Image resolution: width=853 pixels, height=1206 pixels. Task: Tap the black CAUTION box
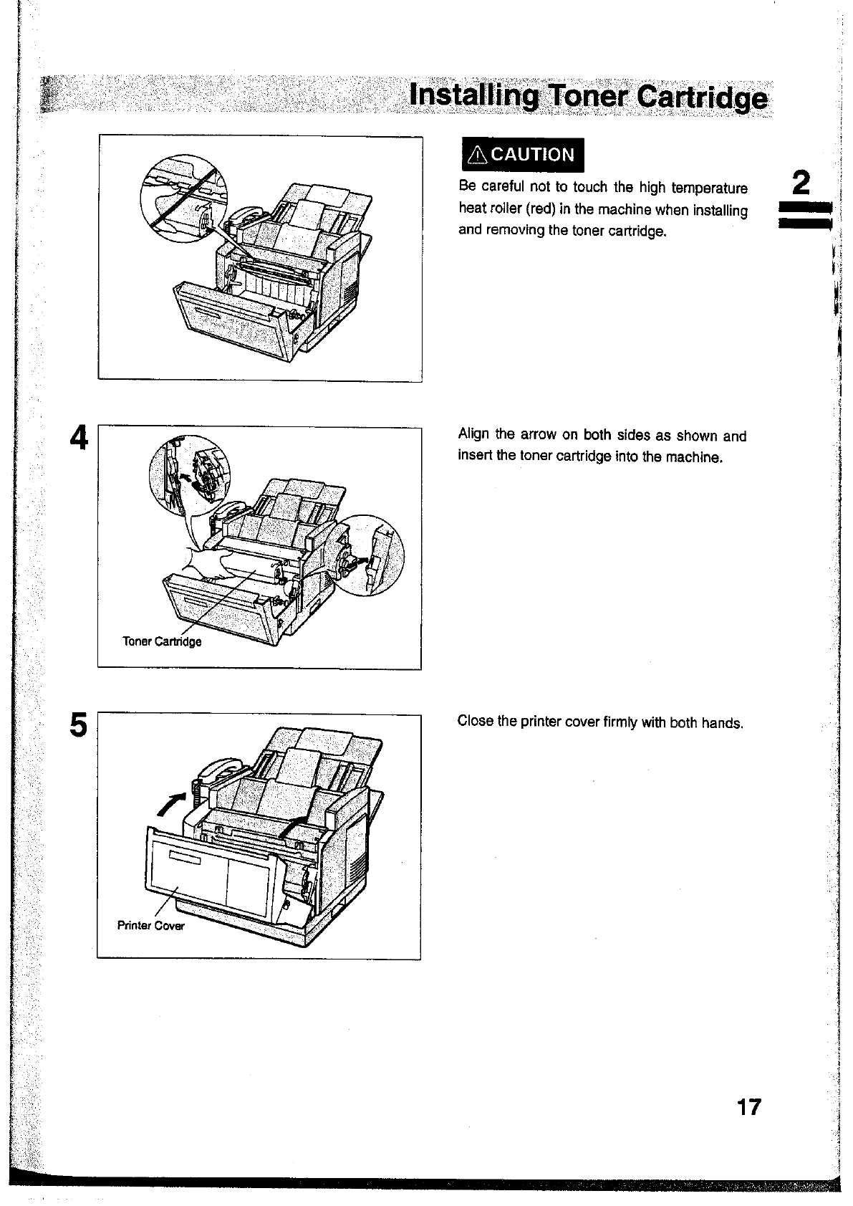[522, 154]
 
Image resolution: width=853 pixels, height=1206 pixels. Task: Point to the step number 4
[79, 437]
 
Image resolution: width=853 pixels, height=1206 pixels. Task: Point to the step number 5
[79, 724]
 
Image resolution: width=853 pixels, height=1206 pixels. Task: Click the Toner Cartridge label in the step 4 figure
[162, 641]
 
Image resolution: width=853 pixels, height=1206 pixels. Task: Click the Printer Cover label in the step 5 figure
[150, 925]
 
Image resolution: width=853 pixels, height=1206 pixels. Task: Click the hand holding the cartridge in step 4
[208, 560]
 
